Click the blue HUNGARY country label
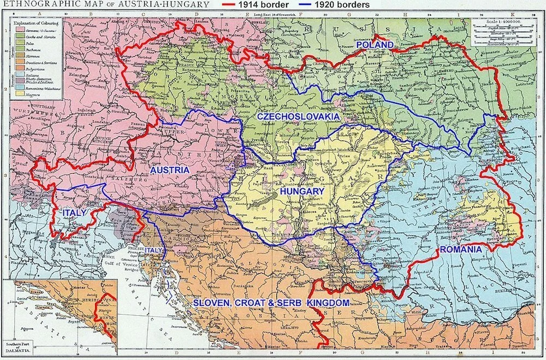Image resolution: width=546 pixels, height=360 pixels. click(x=302, y=192)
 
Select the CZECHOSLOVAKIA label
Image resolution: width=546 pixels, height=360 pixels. click(x=298, y=117)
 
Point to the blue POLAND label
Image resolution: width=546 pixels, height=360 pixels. click(x=375, y=44)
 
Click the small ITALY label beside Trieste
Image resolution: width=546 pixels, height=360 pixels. click(x=154, y=250)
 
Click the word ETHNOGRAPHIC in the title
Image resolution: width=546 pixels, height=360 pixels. click(x=35, y=4)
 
